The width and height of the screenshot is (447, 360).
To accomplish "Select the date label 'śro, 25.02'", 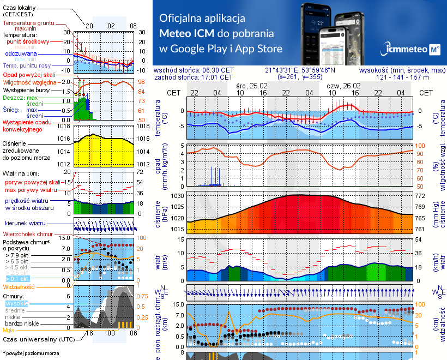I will coord(251,86).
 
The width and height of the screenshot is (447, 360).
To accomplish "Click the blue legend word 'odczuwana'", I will coord(21,54).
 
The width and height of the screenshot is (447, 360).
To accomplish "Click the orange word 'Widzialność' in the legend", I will coord(19,286).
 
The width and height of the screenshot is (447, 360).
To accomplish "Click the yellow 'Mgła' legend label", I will coord(9,330).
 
